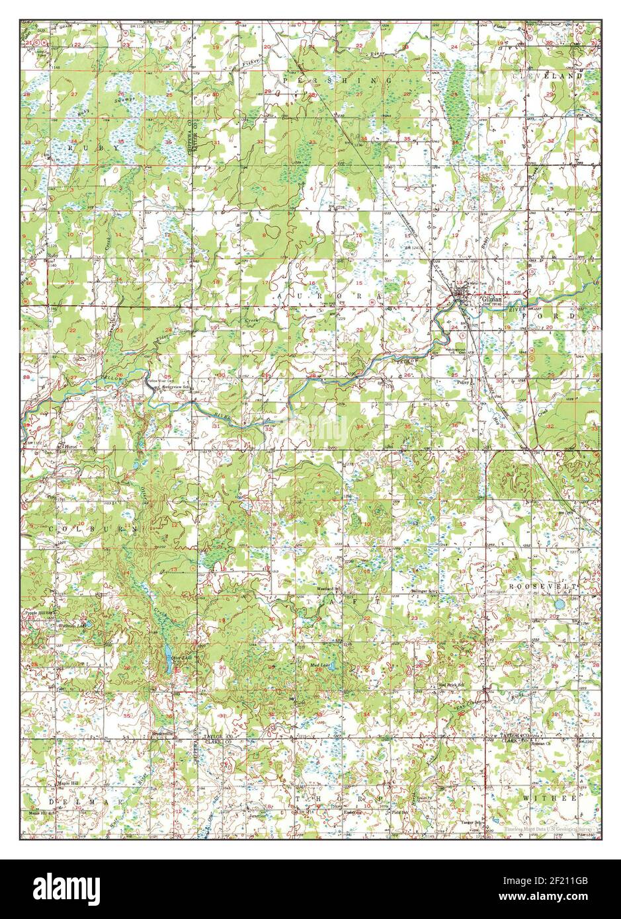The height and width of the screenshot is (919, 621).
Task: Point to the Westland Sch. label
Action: [x=329, y=588]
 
